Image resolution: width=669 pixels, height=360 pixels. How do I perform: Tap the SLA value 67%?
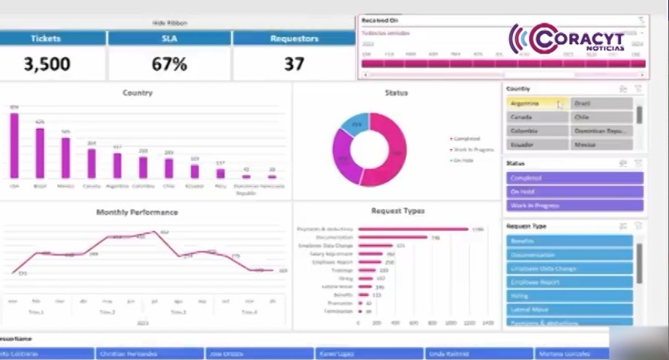click(168, 64)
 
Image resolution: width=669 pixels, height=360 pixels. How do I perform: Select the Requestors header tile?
click(294, 38)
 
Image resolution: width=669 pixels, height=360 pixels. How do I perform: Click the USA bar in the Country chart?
click(14, 146)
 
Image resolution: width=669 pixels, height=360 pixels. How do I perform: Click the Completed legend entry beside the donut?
click(466, 139)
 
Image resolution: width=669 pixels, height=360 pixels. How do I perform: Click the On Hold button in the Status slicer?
click(574, 192)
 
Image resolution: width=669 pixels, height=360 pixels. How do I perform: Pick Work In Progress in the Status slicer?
click(574, 205)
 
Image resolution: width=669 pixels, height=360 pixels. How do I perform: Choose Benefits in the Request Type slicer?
click(569, 241)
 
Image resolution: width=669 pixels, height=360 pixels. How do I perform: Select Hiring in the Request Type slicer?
click(569, 296)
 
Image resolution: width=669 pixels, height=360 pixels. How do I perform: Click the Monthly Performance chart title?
click(137, 212)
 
